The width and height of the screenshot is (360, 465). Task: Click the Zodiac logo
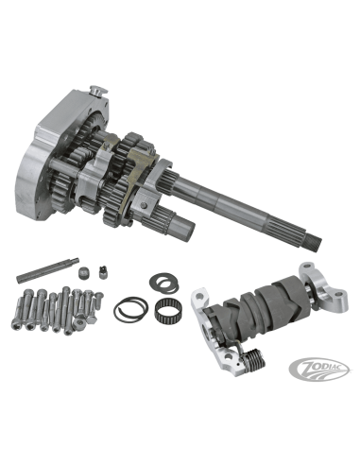click(319, 369)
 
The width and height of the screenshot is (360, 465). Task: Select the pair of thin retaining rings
click(130, 309)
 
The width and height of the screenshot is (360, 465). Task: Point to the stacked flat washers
click(163, 283)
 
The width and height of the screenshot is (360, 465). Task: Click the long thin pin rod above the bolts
click(47, 270)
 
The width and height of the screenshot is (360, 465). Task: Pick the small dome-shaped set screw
click(83, 272)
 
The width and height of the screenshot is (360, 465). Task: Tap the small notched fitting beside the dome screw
click(103, 272)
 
